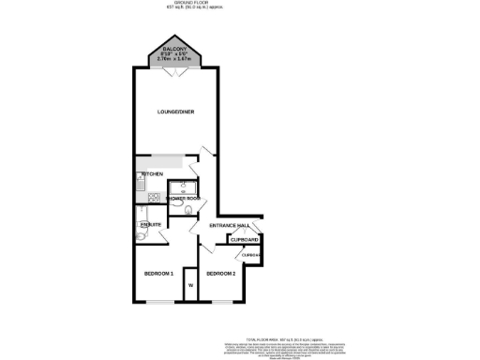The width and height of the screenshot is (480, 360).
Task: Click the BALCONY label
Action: [x=175, y=49]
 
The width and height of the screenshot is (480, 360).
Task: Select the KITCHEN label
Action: [x=152, y=174]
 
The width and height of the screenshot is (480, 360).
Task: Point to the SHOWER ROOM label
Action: [x=184, y=199]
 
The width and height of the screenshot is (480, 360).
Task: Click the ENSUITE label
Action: [x=150, y=226]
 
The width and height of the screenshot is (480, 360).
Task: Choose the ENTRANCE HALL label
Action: [x=229, y=226]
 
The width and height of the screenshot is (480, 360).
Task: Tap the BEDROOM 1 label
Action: [x=158, y=273]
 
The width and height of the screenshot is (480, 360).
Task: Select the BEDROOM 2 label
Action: [x=221, y=273]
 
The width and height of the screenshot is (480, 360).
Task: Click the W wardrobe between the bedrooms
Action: [x=190, y=284]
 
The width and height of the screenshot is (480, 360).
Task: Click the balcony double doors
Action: [x=175, y=70]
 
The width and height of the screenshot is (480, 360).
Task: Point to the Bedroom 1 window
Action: [x=159, y=302]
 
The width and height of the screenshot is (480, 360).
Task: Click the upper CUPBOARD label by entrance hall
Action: [x=246, y=239]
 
